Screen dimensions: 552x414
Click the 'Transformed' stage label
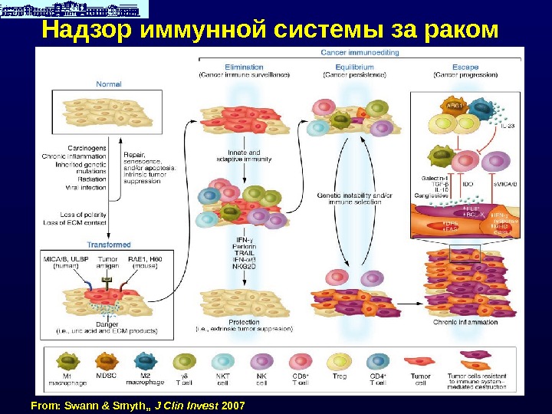109,245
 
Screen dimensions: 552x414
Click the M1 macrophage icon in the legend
67,362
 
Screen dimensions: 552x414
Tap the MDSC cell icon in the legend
105,362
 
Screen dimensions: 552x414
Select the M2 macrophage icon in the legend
144,362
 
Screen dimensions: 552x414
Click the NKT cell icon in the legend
222,362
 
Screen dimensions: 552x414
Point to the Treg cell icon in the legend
339,362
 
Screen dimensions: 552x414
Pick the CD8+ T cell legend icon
301,362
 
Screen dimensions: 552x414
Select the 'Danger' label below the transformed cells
107,324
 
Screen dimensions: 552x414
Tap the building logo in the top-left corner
74,9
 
